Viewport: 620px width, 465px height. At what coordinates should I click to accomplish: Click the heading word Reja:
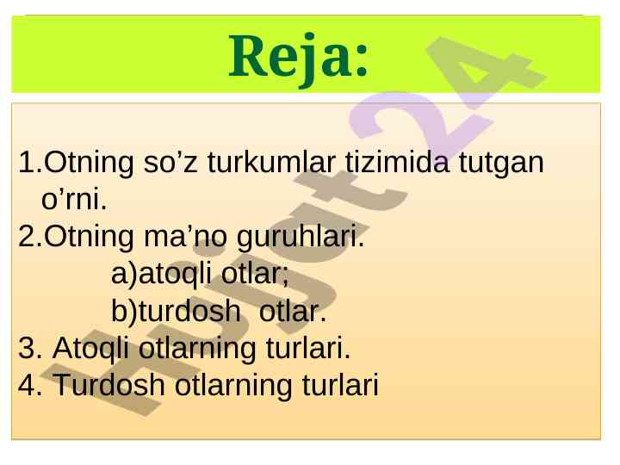(x=299, y=59)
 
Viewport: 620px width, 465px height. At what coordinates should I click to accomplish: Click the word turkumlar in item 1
(x=271, y=162)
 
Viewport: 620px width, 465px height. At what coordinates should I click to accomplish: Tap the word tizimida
(x=397, y=162)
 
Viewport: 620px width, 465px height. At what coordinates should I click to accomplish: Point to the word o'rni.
(x=74, y=199)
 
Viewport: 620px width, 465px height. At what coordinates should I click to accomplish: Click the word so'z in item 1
(x=170, y=163)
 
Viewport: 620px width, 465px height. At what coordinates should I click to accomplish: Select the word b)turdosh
(x=176, y=311)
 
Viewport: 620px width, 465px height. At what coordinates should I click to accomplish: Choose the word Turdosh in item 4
(x=108, y=385)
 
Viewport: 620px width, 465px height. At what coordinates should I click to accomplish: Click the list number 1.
(x=28, y=163)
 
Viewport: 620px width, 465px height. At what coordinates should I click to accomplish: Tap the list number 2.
(x=28, y=237)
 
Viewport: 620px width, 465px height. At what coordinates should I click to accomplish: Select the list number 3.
(x=28, y=348)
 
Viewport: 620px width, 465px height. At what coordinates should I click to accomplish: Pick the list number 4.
(x=28, y=385)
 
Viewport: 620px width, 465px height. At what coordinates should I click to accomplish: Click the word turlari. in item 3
(x=308, y=348)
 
